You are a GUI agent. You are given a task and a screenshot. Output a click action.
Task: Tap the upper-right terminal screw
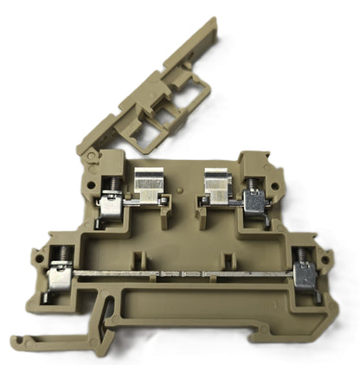coord(254,183)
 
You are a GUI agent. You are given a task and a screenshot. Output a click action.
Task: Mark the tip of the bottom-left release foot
coord(15,340)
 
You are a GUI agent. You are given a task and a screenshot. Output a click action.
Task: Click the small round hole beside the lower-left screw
coord(36,256)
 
